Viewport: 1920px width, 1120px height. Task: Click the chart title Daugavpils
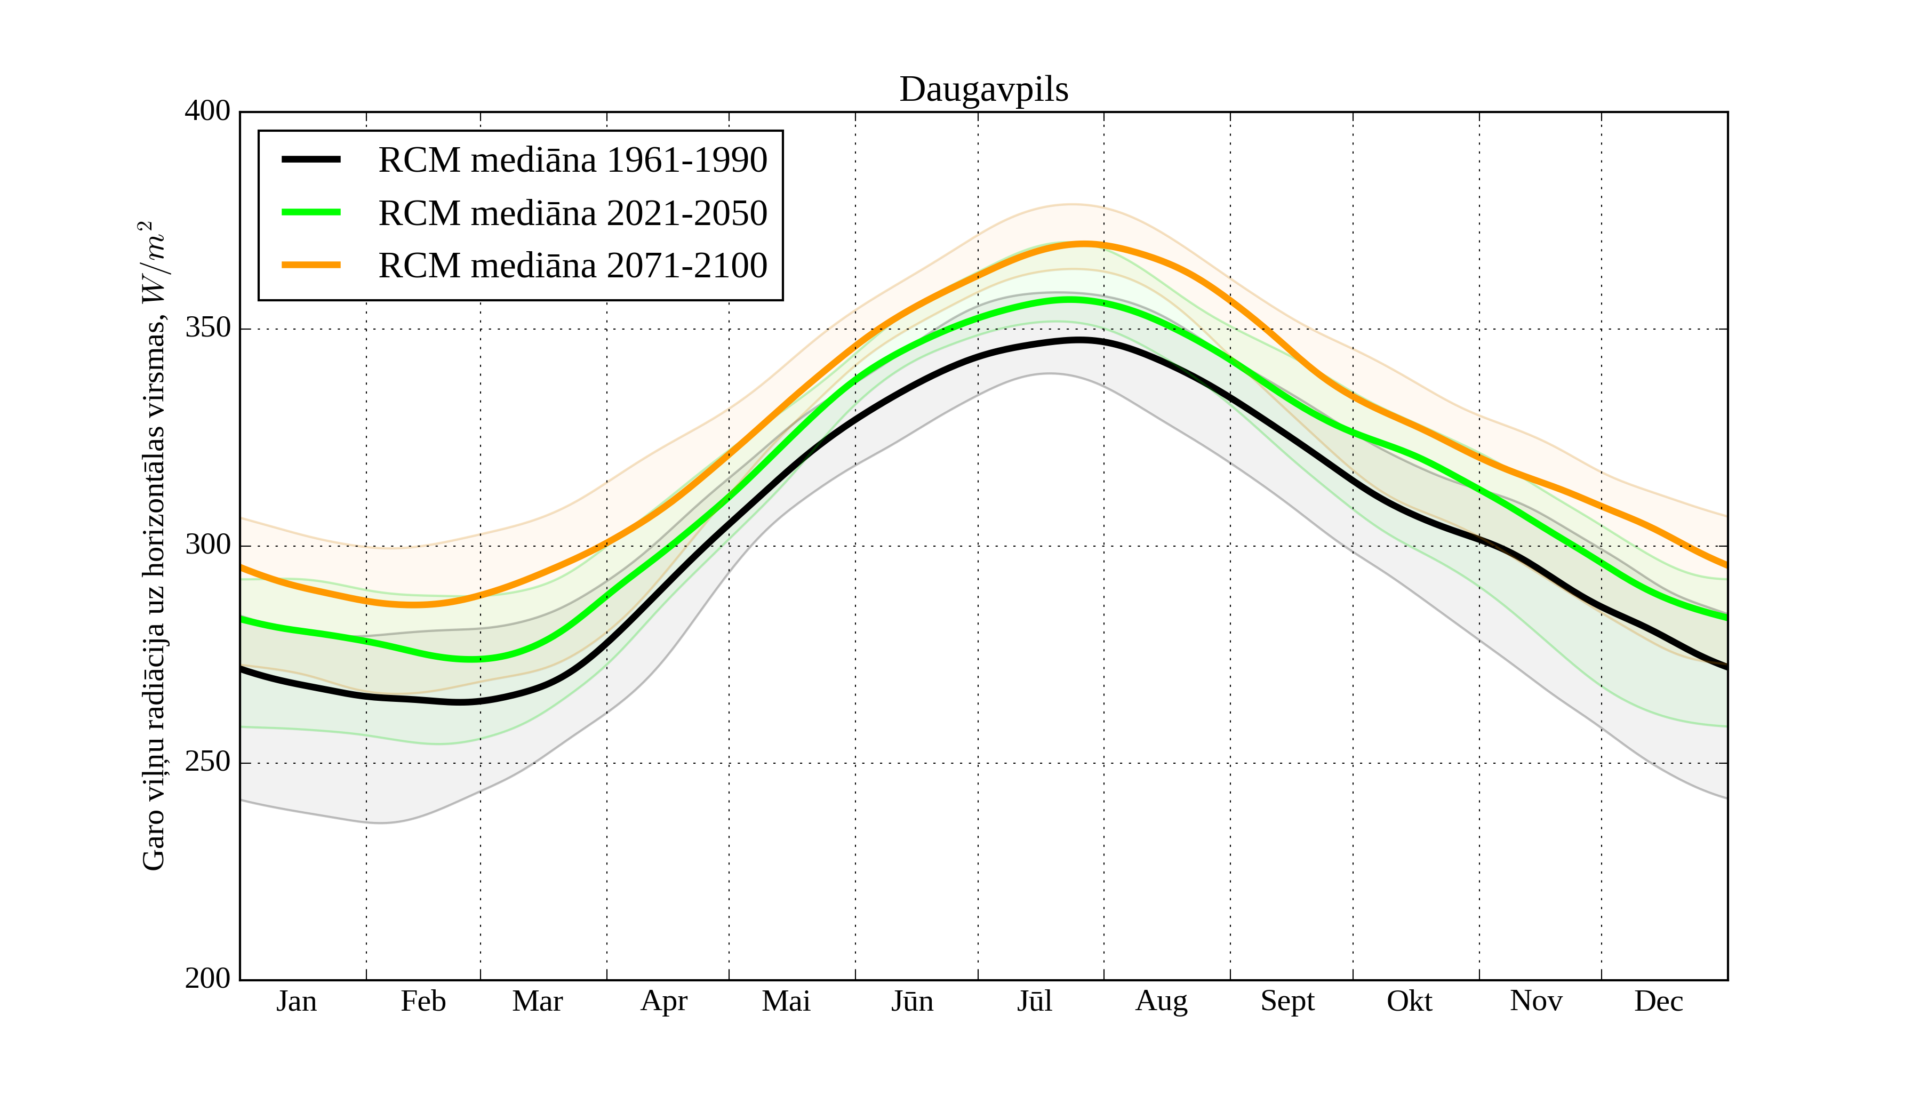point(983,90)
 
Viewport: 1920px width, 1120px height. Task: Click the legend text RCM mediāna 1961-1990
point(572,160)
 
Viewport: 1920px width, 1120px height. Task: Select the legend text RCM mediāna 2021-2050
point(572,213)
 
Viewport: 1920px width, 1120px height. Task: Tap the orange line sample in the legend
point(311,265)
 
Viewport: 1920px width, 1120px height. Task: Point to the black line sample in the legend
point(311,159)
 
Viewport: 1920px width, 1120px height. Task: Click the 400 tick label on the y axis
point(207,111)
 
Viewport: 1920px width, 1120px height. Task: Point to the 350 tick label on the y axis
point(207,329)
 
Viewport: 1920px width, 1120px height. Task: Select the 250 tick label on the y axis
point(207,762)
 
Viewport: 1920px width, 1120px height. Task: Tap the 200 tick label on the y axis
point(207,978)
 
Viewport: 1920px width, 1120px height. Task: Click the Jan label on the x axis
point(297,1001)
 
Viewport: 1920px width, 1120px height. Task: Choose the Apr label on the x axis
point(663,1001)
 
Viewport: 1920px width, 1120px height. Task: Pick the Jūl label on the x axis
point(1035,1001)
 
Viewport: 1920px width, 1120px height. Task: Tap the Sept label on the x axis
point(1287,1001)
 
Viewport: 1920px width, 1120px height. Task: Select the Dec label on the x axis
point(1659,1001)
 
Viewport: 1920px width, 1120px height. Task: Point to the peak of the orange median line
point(1083,244)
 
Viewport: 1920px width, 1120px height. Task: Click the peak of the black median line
point(1079,340)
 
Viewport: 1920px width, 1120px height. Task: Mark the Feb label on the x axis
point(423,1001)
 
